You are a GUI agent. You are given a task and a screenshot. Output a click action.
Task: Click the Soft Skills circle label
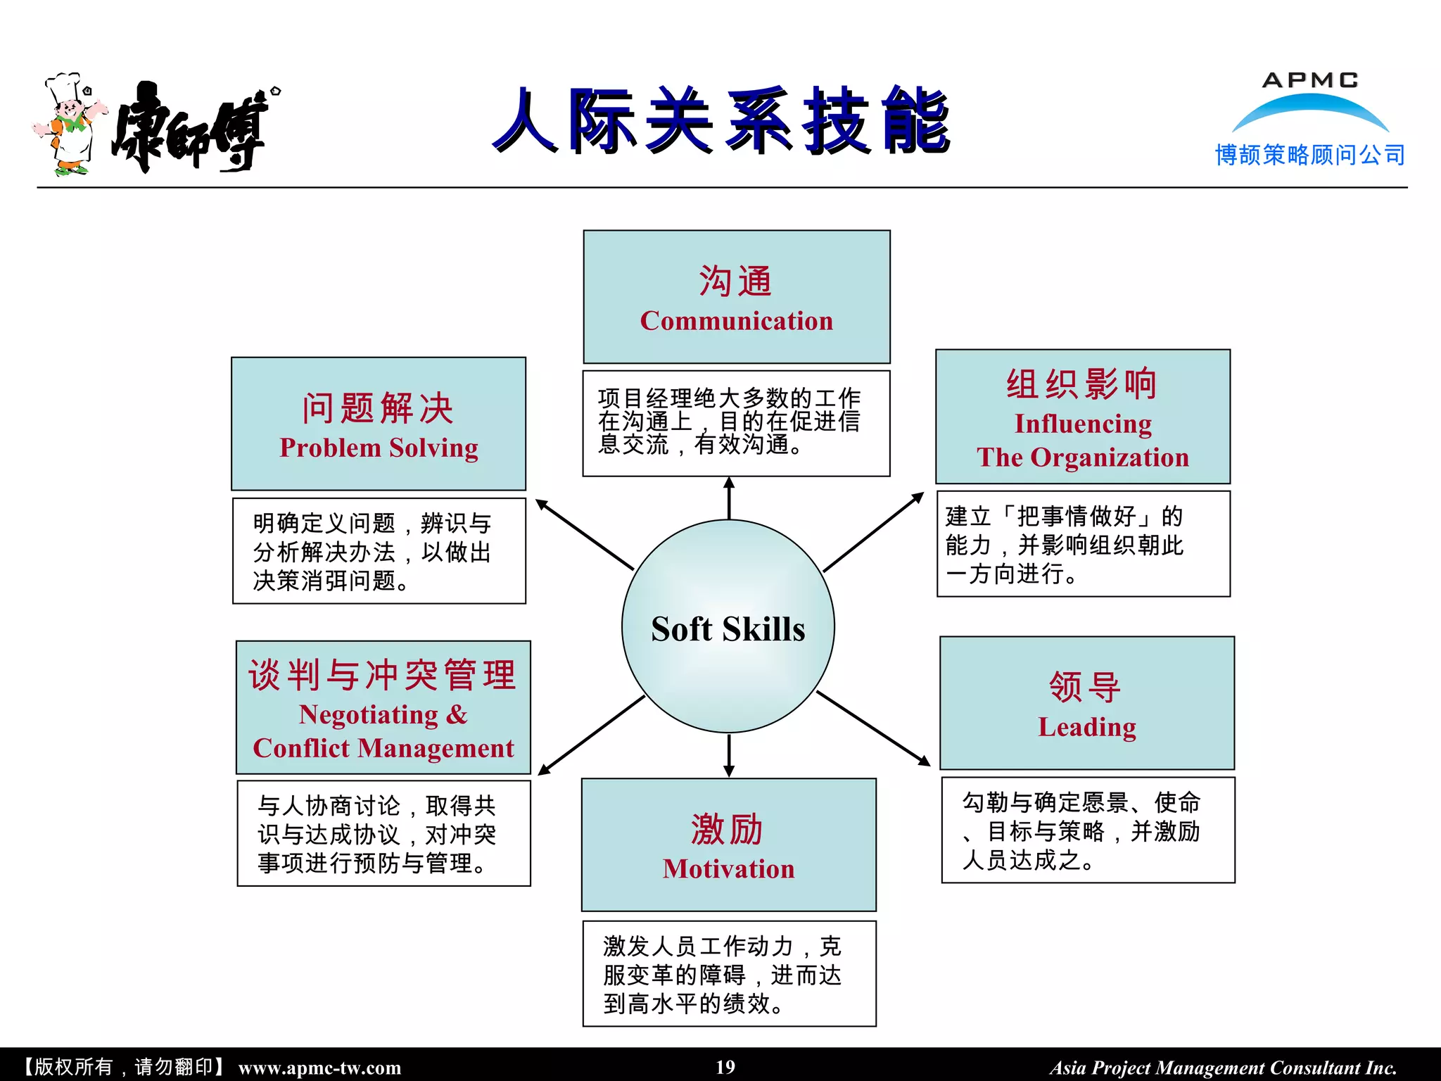tap(728, 628)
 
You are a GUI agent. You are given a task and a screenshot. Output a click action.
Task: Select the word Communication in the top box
tap(736, 321)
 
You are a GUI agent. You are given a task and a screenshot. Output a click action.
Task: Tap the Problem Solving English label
tap(379, 448)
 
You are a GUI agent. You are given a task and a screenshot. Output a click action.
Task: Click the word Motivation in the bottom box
tap(728, 868)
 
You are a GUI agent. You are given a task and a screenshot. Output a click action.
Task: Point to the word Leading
tap(1087, 726)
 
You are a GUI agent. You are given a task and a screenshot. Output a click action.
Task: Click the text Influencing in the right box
tap(1083, 424)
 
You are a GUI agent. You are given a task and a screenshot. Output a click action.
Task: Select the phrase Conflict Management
tap(383, 748)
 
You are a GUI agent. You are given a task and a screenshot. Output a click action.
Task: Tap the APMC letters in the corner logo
tap(1309, 80)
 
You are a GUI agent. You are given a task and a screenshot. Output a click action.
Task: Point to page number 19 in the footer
tap(725, 1067)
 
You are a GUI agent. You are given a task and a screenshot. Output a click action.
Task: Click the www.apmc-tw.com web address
tap(319, 1068)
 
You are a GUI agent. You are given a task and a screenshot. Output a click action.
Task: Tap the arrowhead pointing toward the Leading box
tap(923, 760)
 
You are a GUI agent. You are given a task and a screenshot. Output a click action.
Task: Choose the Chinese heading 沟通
tap(736, 281)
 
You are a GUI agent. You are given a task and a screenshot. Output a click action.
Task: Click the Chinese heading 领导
tap(1085, 686)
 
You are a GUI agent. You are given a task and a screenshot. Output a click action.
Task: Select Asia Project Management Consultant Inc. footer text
tap(1223, 1068)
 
